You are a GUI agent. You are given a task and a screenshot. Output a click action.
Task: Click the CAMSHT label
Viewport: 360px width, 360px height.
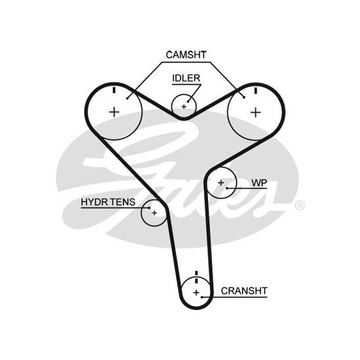(186, 55)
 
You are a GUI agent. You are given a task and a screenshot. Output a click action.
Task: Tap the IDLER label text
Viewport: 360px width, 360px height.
(186, 78)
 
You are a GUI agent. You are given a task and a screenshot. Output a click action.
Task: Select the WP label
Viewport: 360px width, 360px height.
(259, 183)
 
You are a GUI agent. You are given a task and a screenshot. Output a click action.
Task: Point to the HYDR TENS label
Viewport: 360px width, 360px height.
(108, 202)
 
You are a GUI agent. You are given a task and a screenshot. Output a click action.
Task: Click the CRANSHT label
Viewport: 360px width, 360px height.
(244, 291)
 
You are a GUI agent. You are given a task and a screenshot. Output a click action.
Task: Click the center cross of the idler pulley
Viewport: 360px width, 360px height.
(184, 107)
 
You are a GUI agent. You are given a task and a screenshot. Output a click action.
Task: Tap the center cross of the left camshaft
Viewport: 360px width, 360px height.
(114, 112)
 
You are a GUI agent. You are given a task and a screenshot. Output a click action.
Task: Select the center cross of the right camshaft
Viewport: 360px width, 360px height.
(255, 113)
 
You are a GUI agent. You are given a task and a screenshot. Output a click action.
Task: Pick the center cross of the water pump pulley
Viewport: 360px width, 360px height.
(221, 183)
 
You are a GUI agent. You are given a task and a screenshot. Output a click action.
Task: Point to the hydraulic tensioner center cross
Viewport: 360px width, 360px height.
(154, 213)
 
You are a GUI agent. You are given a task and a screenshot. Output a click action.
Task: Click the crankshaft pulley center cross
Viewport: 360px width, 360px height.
(196, 293)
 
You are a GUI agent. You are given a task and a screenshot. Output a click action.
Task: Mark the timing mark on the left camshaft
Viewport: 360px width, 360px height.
(114, 90)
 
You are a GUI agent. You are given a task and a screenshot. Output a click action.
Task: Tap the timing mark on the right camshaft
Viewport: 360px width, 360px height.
(255, 91)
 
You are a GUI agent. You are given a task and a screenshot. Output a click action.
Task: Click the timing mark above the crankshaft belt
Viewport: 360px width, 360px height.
(196, 273)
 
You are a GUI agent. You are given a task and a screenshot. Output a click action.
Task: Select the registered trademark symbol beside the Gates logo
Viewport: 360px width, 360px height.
(299, 205)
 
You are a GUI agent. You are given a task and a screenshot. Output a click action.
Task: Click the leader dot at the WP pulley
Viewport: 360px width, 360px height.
(227, 188)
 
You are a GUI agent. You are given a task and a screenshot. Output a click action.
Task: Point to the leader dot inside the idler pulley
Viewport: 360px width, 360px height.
(188, 101)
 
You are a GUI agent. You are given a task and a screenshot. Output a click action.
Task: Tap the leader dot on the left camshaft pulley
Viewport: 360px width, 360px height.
(127, 99)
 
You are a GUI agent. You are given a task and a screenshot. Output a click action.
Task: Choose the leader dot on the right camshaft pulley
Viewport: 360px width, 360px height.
(244, 97)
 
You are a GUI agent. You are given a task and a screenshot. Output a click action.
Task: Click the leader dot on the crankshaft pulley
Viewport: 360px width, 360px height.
(201, 297)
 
